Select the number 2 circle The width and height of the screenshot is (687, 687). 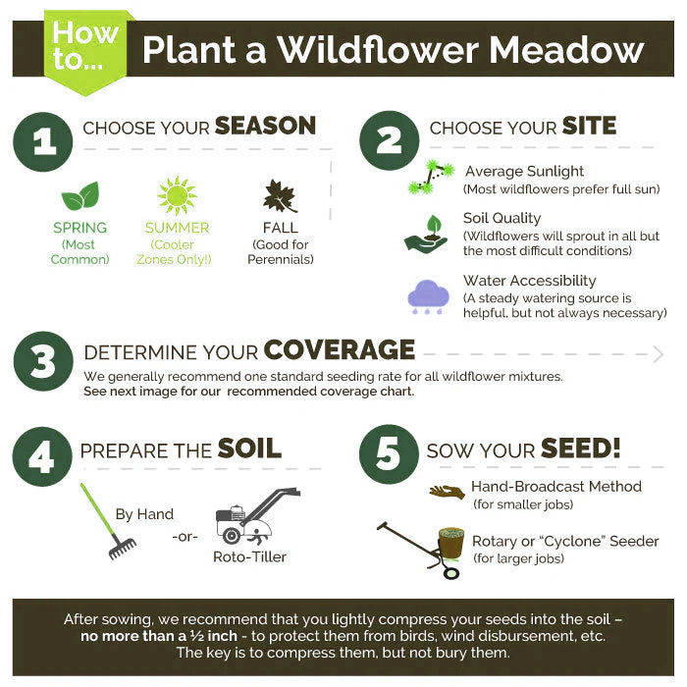click(x=390, y=141)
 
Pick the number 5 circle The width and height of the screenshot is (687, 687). click(x=390, y=454)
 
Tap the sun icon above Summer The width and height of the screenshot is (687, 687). click(x=177, y=195)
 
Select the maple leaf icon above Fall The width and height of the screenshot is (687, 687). click(x=280, y=195)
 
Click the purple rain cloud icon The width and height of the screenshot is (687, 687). click(x=428, y=296)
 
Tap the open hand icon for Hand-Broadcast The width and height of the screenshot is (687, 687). click(x=447, y=492)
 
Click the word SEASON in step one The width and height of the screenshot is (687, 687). click(x=265, y=126)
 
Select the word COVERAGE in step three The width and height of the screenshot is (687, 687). click(x=339, y=350)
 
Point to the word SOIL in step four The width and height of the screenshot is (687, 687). click(x=249, y=449)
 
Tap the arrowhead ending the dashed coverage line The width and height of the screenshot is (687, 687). click(x=658, y=354)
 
